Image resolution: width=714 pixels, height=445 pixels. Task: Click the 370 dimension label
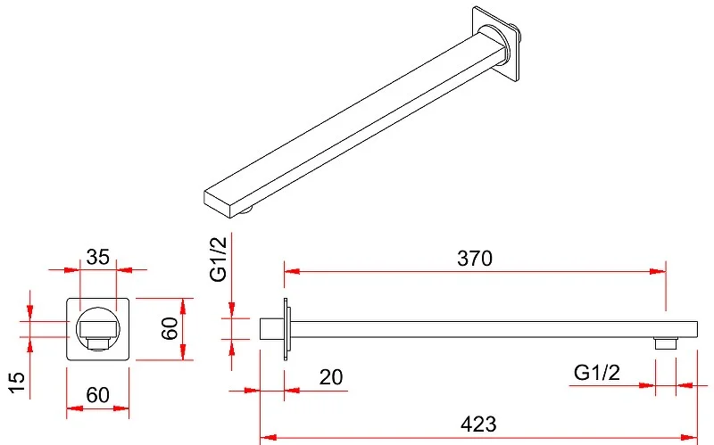click(x=475, y=259)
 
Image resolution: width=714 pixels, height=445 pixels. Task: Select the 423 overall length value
click(x=478, y=424)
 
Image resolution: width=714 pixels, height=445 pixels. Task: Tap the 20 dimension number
click(x=331, y=377)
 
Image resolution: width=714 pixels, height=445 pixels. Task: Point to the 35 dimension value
click(x=98, y=257)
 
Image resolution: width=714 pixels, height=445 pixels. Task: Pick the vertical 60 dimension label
click(x=170, y=328)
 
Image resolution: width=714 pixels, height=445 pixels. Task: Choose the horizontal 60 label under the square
click(x=98, y=395)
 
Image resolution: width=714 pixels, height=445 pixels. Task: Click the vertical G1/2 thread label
click(x=218, y=260)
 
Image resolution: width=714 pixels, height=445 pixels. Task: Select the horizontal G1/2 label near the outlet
click(x=597, y=373)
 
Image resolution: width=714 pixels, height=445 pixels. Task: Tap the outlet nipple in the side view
click(x=666, y=343)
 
